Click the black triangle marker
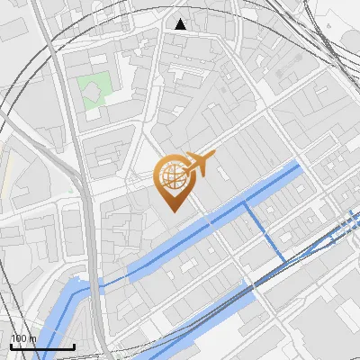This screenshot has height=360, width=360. click(x=181, y=24)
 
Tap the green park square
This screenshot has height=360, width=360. click(x=96, y=92)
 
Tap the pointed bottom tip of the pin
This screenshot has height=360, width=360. click(x=174, y=211)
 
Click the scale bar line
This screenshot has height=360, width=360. click(x=42, y=346)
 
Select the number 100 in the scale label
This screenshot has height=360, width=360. click(x=19, y=339)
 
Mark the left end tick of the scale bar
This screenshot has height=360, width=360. click(x=11, y=345)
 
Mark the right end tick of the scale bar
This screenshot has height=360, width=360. click(x=74, y=345)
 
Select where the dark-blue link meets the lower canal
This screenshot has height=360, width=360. click(x=285, y=262)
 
